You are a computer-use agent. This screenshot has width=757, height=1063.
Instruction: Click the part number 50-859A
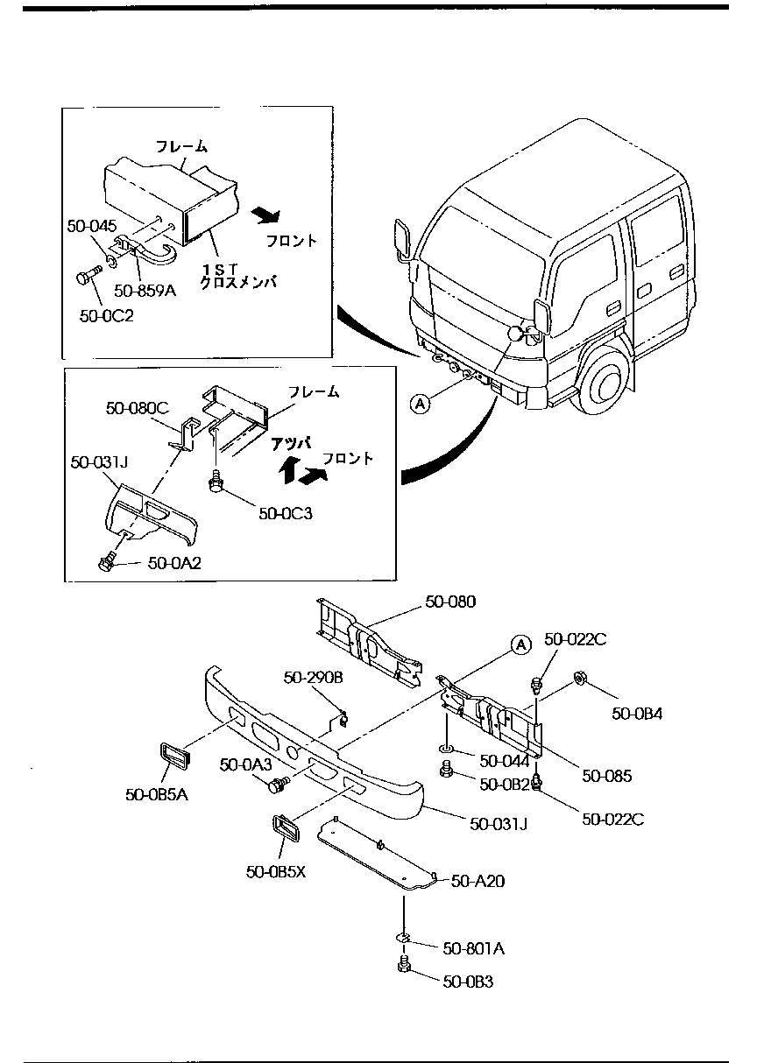pyautogui.click(x=145, y=291)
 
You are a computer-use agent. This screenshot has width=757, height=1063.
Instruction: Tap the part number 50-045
pyautogui.click(x=91, y=226)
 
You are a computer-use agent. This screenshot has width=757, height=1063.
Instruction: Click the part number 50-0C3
pyautogui.click(x=285, y=514)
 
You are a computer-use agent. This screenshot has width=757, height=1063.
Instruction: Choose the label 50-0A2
pyautogui.click(x=174, y=563)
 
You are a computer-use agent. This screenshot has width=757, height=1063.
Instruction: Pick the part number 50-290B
pyautogui.click(x=313, y=678)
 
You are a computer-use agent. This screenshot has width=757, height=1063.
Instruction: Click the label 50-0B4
pyautogui.click(x=637, y=713)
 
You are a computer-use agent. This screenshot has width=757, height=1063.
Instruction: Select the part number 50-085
pyautogui.click(x=606, y=776)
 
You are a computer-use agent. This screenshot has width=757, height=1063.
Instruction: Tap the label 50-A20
pyautogui.click(x=478, y=882)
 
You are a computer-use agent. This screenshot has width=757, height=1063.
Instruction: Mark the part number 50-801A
pyautogui.click(x=473, y=948)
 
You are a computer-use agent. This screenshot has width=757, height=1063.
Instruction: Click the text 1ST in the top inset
pyautogui.click(x=216, y=267)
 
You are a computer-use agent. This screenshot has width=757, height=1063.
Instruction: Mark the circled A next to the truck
pyautogui.click(x=421, y=403)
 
